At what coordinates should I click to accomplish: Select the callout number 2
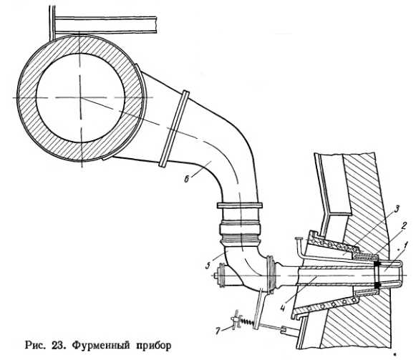click(x=404, y=226)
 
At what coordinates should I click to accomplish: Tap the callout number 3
click(x=397, y=209)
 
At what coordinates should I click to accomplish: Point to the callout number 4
click(x=284, y=307)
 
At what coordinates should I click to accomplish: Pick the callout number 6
click(x=186, y=180)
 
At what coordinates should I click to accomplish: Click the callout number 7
click(x=218, y=331)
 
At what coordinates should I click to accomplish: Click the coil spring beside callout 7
click(x=246, y=322)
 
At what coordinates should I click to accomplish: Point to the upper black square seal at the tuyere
click(x=377, y=265)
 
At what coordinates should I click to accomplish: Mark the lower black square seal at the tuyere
click(x=377, y=285)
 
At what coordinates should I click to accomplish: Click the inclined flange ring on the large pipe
click(x=174, y=129)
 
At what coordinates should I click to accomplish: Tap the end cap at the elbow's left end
click(x=221, y=276)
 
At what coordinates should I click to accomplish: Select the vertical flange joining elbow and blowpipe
click(x=271, y=274)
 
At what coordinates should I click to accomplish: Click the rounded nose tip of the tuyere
click(x=401, y=271)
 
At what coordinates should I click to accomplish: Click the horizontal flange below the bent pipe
click(x=240, y=205)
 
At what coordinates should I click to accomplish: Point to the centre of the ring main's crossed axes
click(x=81, y=98)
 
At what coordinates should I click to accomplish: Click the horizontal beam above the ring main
click(x=105, y=25)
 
